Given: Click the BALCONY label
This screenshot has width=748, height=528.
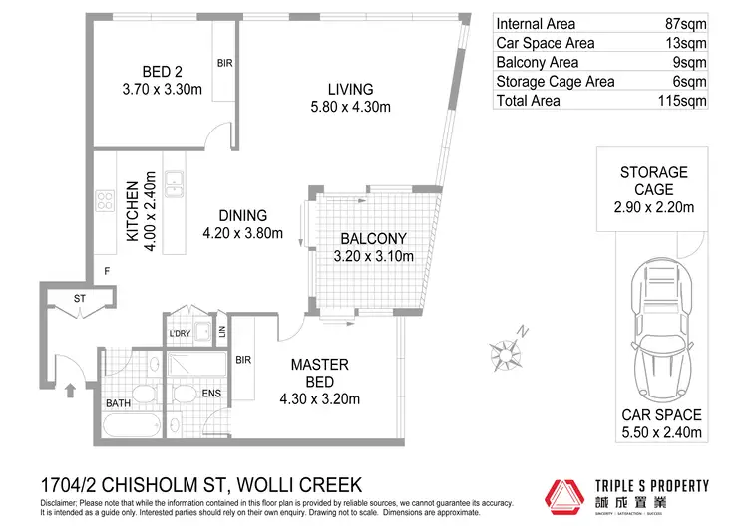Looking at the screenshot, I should [x=373, y=239].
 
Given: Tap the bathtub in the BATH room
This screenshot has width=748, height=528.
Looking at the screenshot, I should [x=132, y=426].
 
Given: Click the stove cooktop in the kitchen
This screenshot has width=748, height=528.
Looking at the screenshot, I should [x=105, y=200].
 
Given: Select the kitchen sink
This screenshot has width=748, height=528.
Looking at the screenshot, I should [x=174, y=181].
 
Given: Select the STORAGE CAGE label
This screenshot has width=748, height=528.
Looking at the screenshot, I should [x=653, y=180].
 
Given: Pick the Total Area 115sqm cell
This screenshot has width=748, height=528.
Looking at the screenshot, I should [x=685, y=101].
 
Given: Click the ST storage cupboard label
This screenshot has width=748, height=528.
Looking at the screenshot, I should [x=80, y=298].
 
